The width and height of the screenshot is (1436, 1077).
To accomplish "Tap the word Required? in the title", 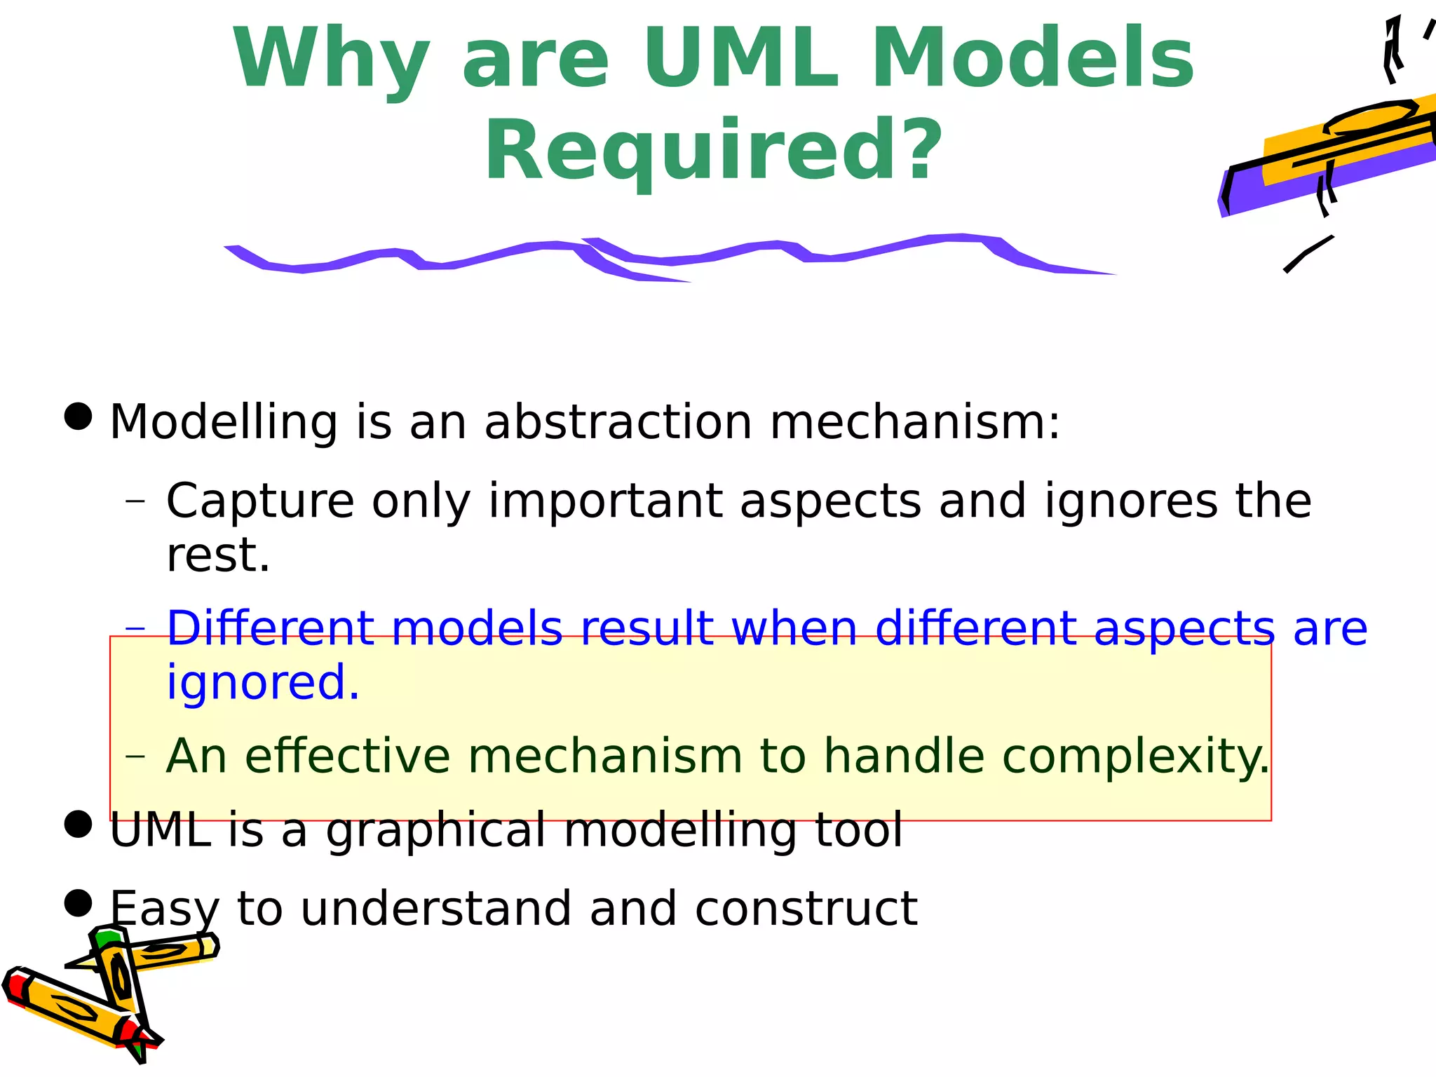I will click(x=713, y=151).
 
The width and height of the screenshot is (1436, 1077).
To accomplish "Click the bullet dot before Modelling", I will click(x=78, y=416).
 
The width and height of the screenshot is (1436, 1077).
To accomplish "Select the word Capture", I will click(x=260, y=501).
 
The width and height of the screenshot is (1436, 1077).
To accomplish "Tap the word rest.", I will click(x=217, y=555).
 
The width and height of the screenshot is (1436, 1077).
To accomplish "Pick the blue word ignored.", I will click(x=262, y=683).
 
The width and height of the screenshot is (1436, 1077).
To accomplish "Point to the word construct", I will click(x=806, y=909).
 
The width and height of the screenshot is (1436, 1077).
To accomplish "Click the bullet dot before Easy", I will click(x=78, y=903).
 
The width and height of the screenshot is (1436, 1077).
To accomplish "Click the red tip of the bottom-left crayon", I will click(x=15, y=985).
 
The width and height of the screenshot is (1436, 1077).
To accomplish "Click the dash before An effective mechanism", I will click(x=135, y=756).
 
